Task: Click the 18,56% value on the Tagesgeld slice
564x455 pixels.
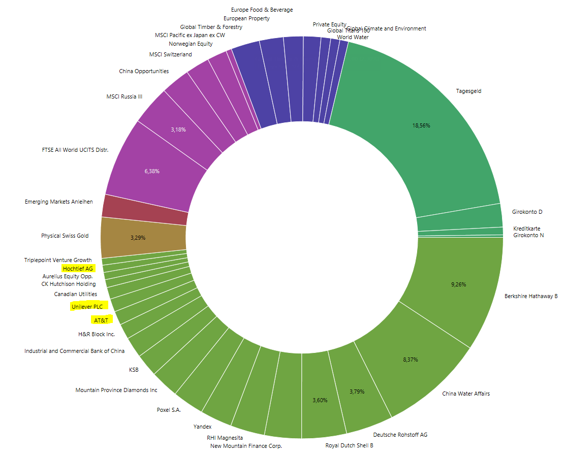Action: pos(421,125)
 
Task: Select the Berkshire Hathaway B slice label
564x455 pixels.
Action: pos(530,296)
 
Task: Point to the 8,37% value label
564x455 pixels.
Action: pos(410,360)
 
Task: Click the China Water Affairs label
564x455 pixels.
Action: pos(465,394)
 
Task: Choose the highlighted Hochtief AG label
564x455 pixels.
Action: pos(78,268)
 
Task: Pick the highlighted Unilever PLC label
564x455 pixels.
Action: pos(87,307)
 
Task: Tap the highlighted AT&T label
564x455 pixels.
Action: pos(100,320)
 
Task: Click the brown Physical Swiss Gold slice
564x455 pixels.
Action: pos(142,237)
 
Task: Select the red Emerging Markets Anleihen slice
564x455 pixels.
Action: pos(145,209)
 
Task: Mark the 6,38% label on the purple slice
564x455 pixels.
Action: pos(152,171)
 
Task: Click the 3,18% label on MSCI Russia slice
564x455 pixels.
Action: pos(178,129)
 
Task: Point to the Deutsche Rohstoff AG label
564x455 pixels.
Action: pos(400,435)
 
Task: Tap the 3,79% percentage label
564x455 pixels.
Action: pos(357,392)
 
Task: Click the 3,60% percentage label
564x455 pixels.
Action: pos(320,400)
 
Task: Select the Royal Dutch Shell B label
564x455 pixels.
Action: pos(349,445)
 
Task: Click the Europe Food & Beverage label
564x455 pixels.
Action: pos(262,10)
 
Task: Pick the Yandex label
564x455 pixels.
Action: pos(202,427)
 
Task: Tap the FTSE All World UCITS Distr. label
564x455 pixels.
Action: pos(75,150)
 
